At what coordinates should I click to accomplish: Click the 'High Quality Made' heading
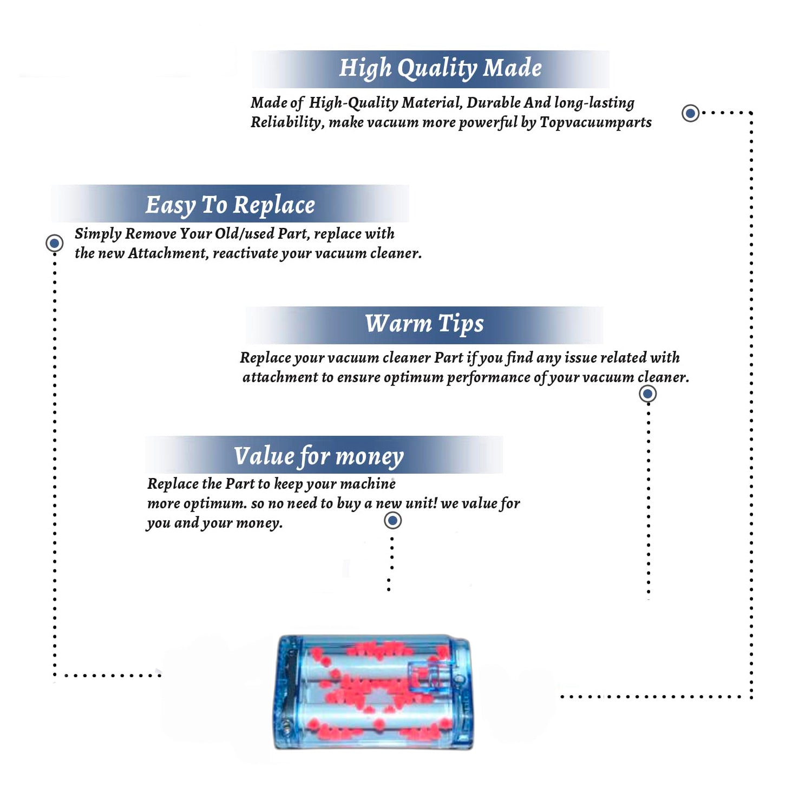pos(440,69)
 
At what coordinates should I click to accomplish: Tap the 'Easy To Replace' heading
pos(230,206)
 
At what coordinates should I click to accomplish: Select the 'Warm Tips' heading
pos(424,324)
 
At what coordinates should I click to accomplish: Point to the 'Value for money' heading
pos(319,456)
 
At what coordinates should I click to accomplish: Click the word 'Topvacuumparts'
pos(595,122)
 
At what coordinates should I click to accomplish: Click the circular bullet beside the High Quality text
pos(690,113)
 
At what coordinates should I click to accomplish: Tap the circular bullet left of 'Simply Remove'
pos(54,243)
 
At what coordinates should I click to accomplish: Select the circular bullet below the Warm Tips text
pos(647,394)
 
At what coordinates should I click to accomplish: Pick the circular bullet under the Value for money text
pos(392,521)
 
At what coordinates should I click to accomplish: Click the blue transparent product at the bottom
pos(374,692)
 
